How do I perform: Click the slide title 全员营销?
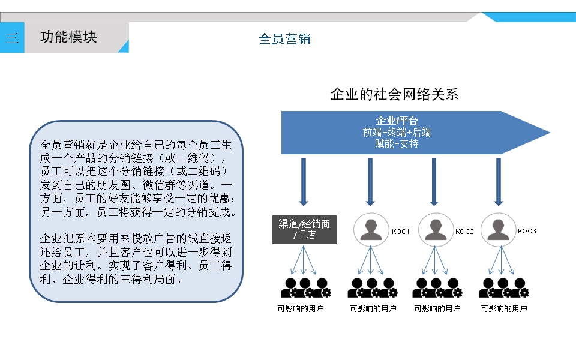click(284, 39)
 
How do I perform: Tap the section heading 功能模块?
click(68, 37)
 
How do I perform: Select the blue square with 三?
click(12, 38)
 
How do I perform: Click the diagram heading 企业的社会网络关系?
click(394, 94)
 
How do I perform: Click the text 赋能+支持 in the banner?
click(397, 144)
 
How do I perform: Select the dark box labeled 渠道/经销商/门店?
click(304, 229)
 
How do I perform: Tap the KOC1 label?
click(400, 232)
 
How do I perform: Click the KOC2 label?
click(465, 232)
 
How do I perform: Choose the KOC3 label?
click(527, 231)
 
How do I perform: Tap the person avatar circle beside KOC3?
click(497, 229)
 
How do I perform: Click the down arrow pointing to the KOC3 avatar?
click(498, 182)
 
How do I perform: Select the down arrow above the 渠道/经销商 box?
click(304, 182)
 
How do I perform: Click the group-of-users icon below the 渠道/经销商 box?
click(305, 288)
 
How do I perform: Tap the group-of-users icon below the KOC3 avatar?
click(504, 288)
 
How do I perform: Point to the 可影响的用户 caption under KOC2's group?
click(437, 309)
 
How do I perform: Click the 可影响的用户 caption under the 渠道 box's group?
click(301, 309)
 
